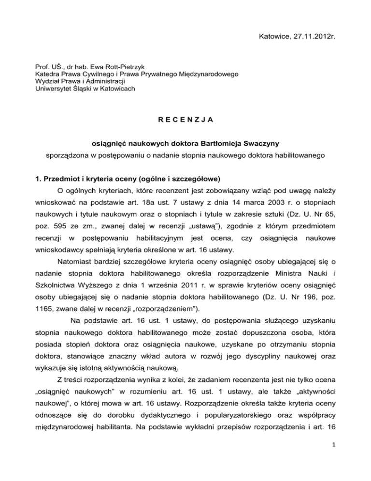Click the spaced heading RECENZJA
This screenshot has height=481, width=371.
click(185, 116)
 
